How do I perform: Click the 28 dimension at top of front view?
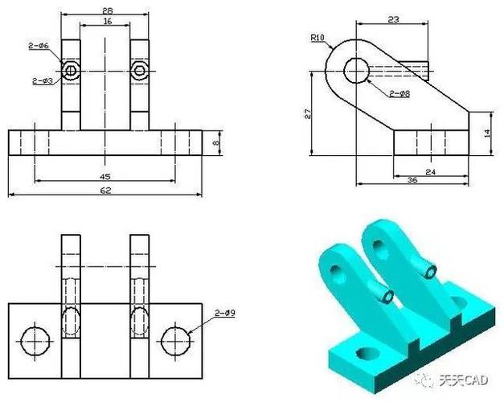108,10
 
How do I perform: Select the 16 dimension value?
108,21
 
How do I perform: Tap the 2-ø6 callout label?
39,46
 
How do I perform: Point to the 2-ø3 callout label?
43,80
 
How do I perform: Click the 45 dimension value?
105,177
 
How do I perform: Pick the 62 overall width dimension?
105,191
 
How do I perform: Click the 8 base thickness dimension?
216,142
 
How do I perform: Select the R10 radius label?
318,38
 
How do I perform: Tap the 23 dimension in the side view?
393,19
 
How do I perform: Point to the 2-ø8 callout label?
400,93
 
